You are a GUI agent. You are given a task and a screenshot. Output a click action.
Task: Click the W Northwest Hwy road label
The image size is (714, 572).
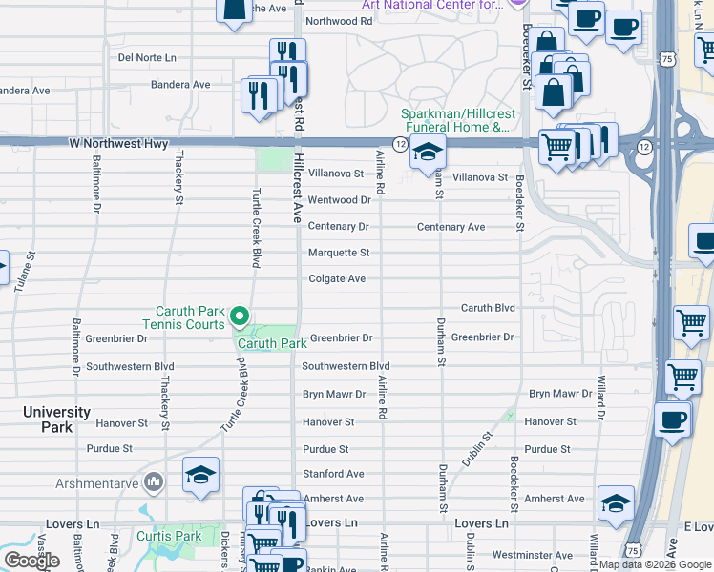118,144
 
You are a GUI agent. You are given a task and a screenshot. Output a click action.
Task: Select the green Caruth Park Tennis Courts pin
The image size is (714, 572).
240,316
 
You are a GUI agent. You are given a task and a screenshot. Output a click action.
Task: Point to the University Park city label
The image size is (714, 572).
57,420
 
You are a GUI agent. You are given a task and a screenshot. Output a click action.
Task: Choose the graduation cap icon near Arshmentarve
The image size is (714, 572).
200,477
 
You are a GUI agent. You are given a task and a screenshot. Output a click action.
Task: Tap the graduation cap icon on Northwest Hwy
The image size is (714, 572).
428,153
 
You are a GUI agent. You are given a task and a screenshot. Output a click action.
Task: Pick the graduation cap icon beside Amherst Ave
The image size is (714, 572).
616,504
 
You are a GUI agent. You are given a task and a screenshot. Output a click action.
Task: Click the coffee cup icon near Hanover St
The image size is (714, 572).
673,420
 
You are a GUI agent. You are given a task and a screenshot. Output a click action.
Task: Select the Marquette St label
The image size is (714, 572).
338,253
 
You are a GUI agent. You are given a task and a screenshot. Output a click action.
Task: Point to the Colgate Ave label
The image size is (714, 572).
337,279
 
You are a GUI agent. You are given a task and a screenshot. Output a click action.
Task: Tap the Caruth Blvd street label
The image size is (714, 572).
488,308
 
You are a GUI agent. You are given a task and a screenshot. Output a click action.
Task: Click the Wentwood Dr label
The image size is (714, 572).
339,200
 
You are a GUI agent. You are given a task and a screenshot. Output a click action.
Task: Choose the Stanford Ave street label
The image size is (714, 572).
333,473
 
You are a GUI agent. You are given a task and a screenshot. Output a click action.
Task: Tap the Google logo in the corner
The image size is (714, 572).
31,561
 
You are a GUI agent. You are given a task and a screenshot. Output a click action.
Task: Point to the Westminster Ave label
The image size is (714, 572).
533,555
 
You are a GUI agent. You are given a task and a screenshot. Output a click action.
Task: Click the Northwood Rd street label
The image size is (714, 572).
339,21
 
